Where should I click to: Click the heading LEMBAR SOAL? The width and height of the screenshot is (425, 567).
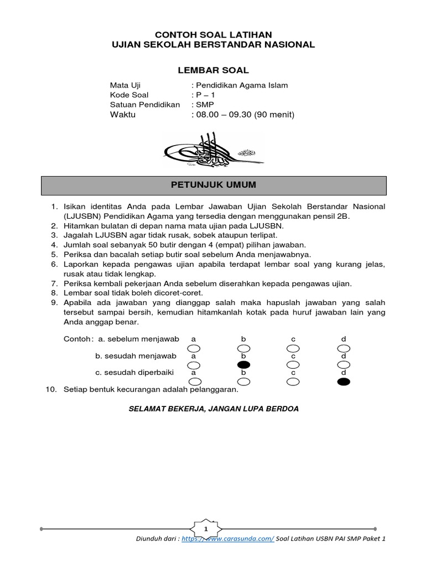pyautogui.click(x=213, y=70)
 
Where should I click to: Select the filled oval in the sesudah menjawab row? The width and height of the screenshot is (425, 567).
pyautogui.click(x=243, y=365)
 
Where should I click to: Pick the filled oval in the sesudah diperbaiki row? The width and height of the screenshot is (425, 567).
pyautogui.click(x=343, y=382)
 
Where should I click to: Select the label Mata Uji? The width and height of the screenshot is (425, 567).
pyautogui.click(x=125, y=85)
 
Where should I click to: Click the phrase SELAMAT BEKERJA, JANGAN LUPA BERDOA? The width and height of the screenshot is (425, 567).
pyautogui.click(x=214, y=409)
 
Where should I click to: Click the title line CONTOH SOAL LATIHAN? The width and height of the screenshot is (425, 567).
pyautogui.click(x=213, y=34)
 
